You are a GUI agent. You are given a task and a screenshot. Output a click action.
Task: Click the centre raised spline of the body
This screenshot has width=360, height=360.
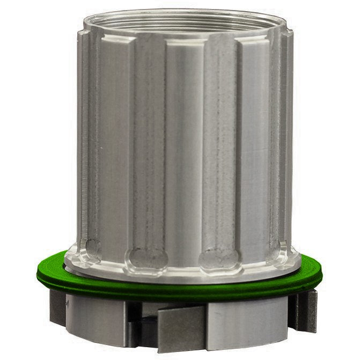pos(182,145)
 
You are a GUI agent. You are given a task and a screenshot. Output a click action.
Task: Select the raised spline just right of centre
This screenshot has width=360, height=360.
pos(252,145)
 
